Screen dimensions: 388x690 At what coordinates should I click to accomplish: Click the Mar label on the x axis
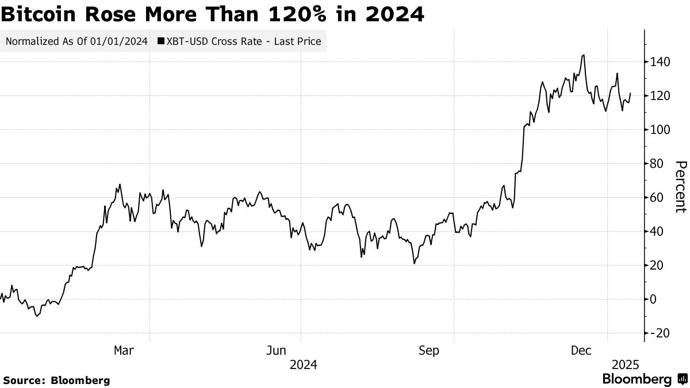(125, 350)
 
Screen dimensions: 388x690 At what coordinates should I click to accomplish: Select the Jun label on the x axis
(277, 350)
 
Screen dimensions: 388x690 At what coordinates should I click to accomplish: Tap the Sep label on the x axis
(429, 350)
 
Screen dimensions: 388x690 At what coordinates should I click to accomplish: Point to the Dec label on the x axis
(582, 350)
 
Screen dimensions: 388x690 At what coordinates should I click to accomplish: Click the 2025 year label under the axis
(626, 364)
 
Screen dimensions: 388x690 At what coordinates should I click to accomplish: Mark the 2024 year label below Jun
(303, 364)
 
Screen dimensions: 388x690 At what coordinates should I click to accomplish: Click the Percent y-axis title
(680, 187)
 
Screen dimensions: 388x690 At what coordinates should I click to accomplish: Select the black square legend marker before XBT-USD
(160, 41)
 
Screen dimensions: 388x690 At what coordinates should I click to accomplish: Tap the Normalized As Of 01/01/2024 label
(76, 41)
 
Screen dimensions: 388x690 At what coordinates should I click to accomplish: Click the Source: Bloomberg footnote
(56, 380)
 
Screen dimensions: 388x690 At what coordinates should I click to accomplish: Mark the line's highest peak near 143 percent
(584, 56)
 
